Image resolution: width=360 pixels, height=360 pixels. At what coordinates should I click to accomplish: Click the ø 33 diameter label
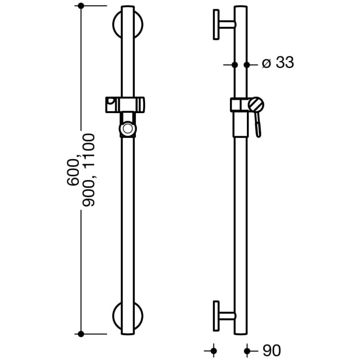point(277,63)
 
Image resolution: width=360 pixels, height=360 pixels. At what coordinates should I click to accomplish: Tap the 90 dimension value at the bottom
point(272,351)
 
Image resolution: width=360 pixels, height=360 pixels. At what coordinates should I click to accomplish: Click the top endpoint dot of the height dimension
point(80,6)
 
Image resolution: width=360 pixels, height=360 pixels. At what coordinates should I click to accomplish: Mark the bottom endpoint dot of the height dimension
point(80,334)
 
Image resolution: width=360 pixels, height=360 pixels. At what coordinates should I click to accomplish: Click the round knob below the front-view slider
point(127,129)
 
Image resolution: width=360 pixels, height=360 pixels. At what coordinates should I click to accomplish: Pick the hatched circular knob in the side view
point(256,104)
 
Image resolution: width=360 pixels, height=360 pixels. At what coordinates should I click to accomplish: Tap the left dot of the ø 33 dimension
point(235,65)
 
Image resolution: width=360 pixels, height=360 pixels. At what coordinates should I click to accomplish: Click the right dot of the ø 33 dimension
point(247,65)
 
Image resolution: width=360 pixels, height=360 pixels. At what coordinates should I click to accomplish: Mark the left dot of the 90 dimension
point(214,351)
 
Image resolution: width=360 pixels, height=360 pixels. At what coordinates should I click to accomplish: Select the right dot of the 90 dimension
point(247,351)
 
